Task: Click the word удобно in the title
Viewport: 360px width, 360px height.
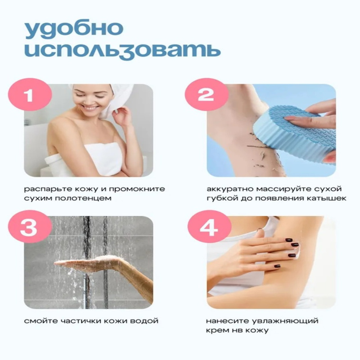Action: [x=74, y=30]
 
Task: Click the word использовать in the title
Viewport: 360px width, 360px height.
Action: [x=122, y=50]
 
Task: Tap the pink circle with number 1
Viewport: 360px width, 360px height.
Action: [x=30, y=95]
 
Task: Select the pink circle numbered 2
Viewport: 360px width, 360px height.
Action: [x=207, y=95]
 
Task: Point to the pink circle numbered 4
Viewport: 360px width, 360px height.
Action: [x=209, y=227]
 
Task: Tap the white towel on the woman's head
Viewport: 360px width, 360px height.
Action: [x=108, y=99]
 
